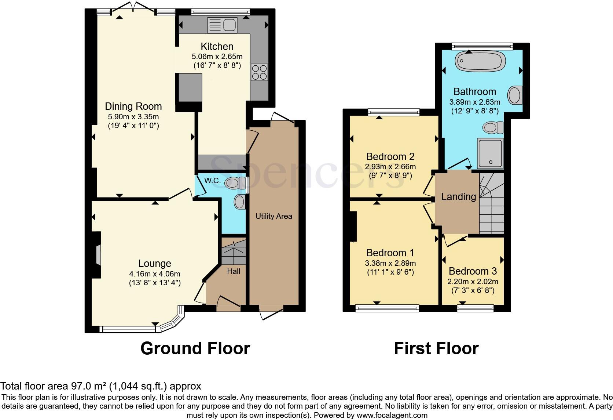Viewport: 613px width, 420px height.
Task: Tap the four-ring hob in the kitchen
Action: (259, 72)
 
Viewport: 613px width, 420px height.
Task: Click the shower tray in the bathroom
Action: (490, 153)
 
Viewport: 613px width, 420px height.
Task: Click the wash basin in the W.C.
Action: (240, 202)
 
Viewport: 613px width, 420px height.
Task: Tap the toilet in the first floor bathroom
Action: (493, 128)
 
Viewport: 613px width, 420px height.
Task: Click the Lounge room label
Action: (154, 263)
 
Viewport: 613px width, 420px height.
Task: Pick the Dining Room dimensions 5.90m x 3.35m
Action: (133, 117)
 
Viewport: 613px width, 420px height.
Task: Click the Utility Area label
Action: (274, 216)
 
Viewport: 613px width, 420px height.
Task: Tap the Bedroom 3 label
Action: (472, 271)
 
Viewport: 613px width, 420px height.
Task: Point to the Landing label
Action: (458, 197)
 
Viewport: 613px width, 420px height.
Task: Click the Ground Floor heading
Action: (195, 348)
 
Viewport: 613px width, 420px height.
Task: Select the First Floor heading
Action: (436, 348)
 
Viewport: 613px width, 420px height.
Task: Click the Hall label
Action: (234, 271)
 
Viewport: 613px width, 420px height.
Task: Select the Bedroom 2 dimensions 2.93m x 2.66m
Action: (390, 167)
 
